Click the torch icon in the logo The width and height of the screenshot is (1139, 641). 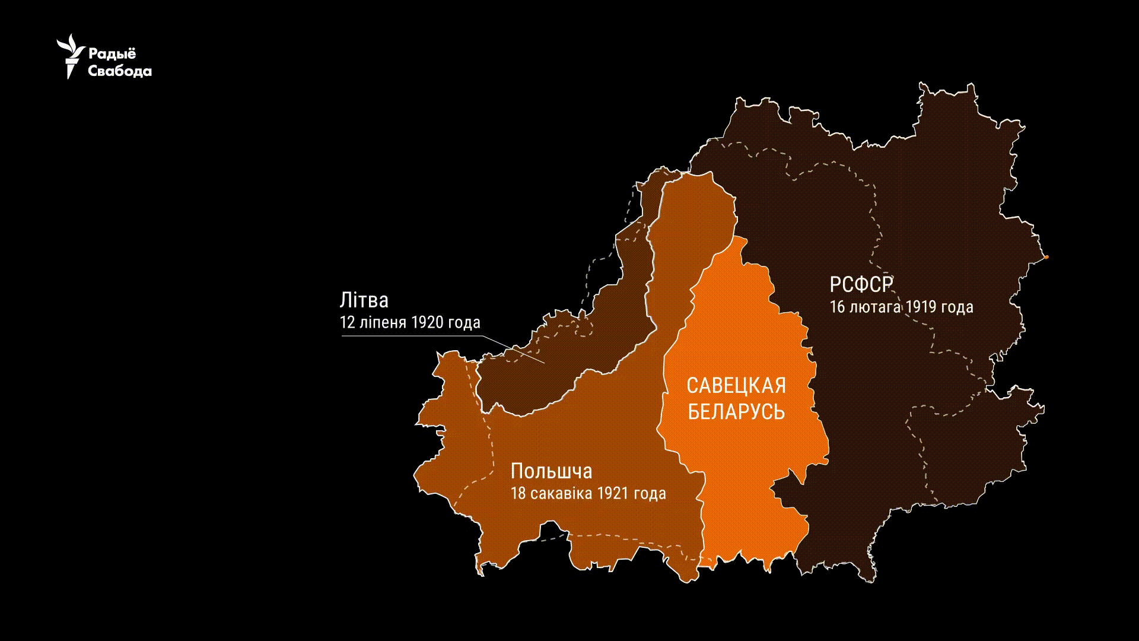tap(71, 56)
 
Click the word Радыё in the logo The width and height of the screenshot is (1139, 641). tap(112, 53)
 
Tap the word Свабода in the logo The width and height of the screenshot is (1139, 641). tap(120, 71)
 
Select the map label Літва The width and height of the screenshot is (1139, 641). tap(364, 300)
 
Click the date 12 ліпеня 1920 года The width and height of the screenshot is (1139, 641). tap(410, 323)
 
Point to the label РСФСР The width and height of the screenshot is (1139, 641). tap(861, 285)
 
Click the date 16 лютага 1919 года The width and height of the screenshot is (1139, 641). tap(901, 307)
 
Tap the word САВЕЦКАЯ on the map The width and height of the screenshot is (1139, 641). tap(736, 386)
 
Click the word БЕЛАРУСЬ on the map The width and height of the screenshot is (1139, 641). tap(736, 411)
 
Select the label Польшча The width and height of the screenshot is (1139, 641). tap(551, 471)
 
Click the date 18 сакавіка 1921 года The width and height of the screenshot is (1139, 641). tap(588, 494)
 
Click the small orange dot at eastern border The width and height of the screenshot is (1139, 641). tap(1046, 257)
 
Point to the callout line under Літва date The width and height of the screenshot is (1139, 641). tap(415, 336)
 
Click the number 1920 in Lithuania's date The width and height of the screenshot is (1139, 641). tap(427, 323)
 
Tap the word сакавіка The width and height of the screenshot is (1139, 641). tap(561, 494)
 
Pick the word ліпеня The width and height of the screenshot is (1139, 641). tap(383, 323)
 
